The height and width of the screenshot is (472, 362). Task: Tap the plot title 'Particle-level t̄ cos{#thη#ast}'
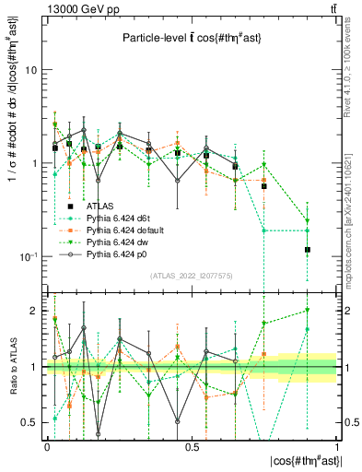[189, 38]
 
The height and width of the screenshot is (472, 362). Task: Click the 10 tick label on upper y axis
[31, 70]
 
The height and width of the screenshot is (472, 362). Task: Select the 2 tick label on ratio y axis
[34, 311]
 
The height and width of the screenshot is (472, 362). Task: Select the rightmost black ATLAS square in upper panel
[308, 250]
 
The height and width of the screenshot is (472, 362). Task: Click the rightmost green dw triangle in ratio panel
[308, 311]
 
